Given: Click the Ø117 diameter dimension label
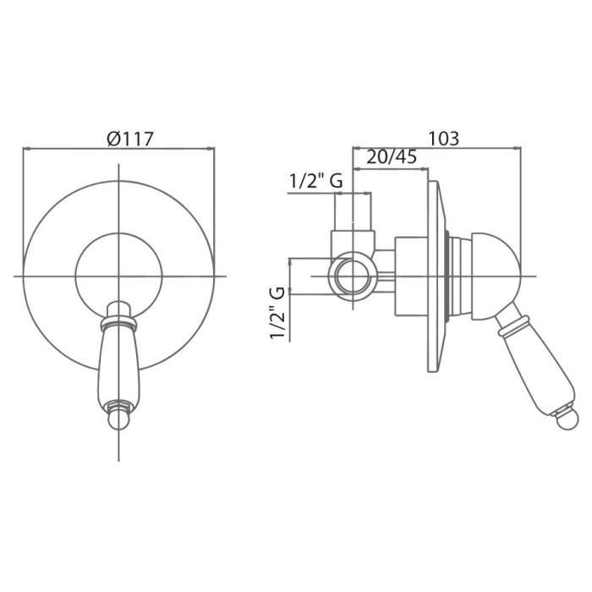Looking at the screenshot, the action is point(130,139).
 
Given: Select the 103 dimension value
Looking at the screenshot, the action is point(444,138).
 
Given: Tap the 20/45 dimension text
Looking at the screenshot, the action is point(392,156).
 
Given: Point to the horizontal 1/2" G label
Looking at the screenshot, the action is point(316,181).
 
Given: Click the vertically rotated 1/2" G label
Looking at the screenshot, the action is point(277,314).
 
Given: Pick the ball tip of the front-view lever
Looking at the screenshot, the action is point(118,420).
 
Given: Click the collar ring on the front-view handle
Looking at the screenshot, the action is point(118,323).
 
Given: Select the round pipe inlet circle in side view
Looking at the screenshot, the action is point(353,277).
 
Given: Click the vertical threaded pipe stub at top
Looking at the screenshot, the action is point(353,211).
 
